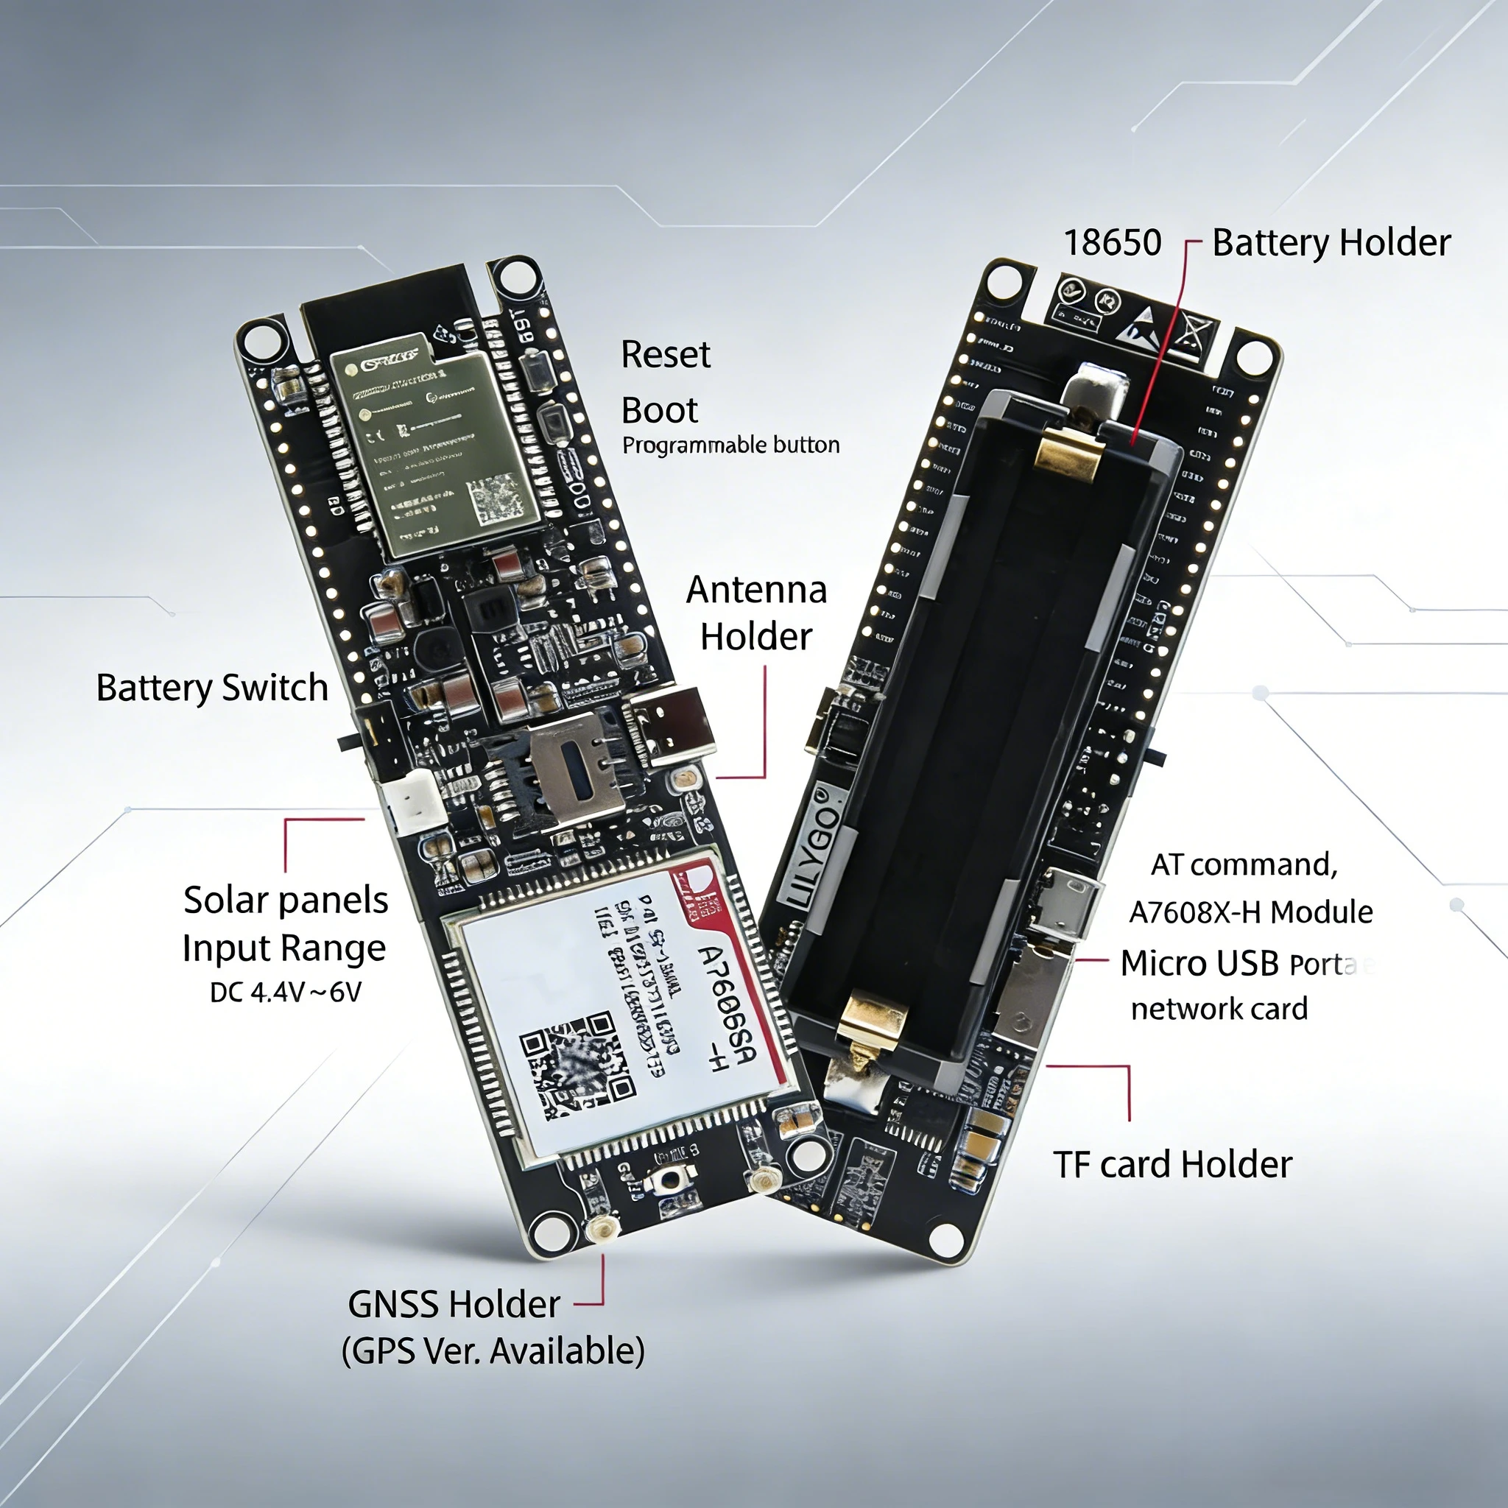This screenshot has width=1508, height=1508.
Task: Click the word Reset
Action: click(x=665, y=355)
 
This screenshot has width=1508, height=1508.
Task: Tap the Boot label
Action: click(x=659, y=411)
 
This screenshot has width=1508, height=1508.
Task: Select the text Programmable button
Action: click(x=730, y=445)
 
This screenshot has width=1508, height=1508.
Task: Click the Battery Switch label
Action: click(x=211, y=688)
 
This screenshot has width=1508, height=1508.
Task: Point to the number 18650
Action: click(x=1113, y=243)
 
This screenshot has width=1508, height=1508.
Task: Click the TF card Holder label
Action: click(x=1172, y=1165)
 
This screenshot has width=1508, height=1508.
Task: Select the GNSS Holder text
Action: click(x=454, y=1304)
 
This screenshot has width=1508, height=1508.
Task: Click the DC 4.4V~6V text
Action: click(x=286, y=993)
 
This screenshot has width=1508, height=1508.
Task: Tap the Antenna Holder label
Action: click(x=755, y=613)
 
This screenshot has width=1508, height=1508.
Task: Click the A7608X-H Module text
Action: click(x=1250, y=912)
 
